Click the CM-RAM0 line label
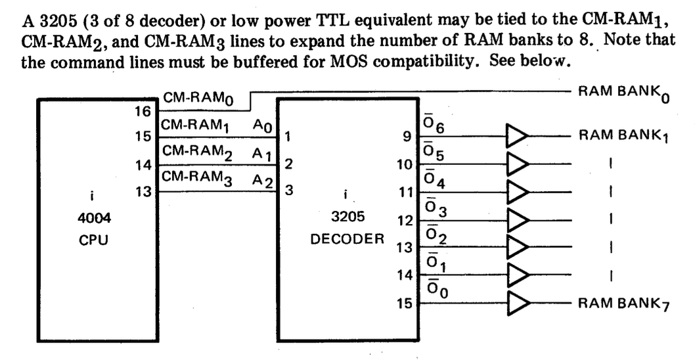pos(198,99)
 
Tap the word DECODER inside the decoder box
pos(347,238)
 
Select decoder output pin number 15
pos(406,304)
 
